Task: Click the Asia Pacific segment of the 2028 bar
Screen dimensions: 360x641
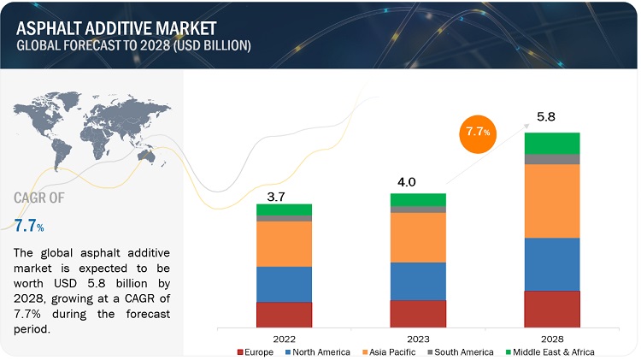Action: point(552,201)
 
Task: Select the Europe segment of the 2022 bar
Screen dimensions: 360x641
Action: point(284,314)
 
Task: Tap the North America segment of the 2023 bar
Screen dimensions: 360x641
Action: point(418,280)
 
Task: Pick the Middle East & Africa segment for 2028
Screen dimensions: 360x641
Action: point(552,143)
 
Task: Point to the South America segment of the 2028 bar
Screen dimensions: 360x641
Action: point(552,159)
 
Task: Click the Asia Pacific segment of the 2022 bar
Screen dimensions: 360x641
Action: point(284,244)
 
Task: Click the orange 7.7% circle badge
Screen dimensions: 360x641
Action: point(476,132)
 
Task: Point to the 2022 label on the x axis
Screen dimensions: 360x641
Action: point(284,338)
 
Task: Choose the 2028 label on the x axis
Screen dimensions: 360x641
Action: point(552,338)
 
